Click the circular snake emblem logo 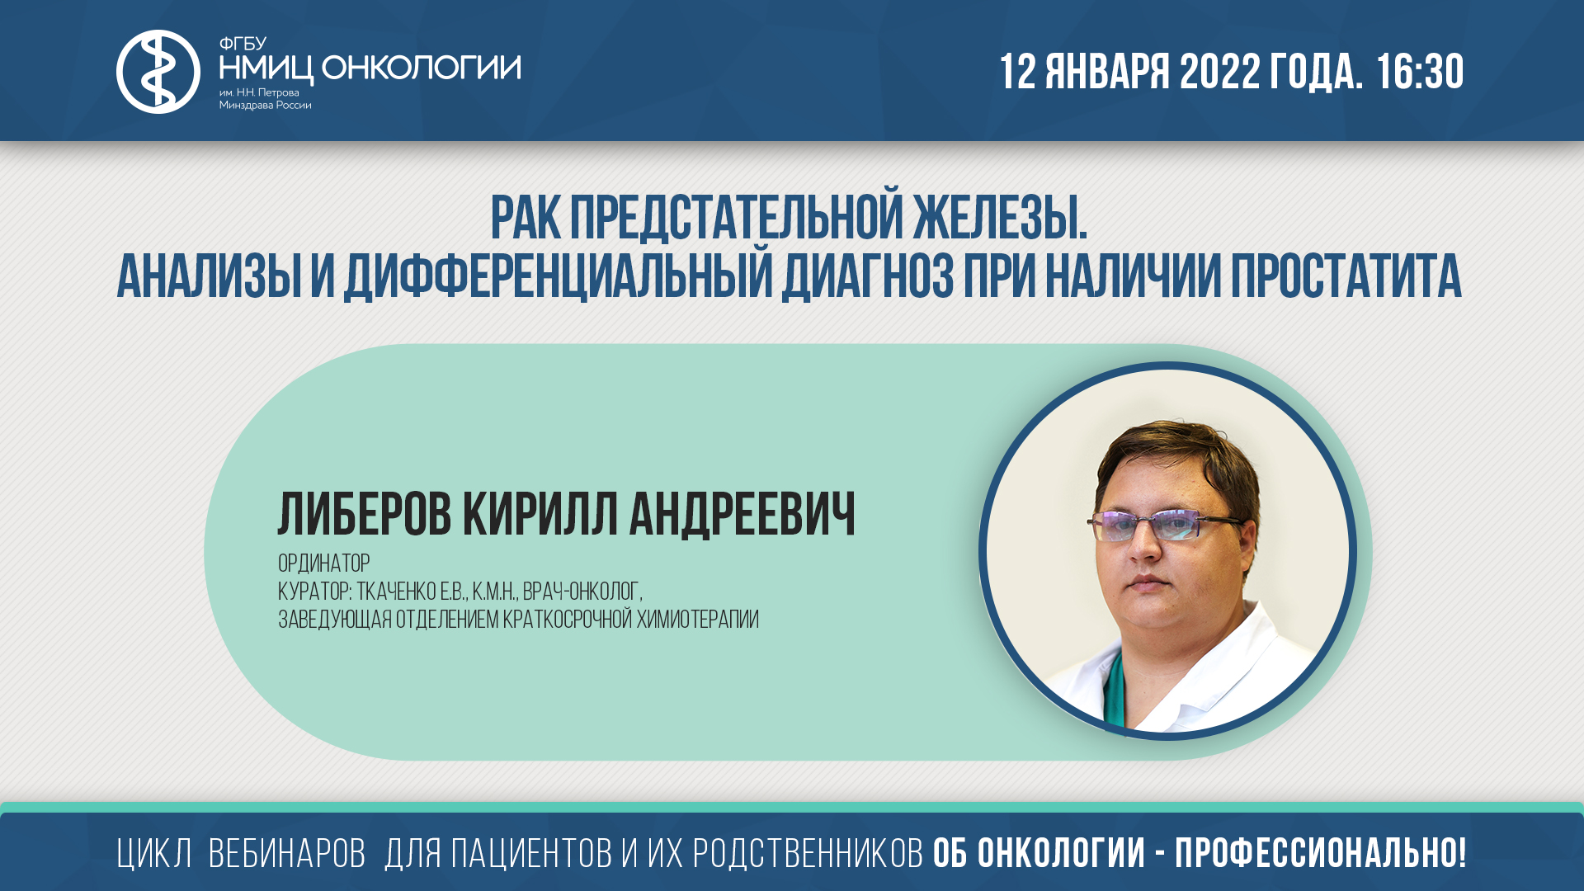(158, 72)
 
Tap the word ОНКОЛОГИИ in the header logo (421, 68)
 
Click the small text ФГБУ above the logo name (243, 44)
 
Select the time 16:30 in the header (1420, 72)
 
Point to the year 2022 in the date (1219, 72)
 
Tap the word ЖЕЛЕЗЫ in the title (1000, 219)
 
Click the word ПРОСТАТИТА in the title (1346, 276)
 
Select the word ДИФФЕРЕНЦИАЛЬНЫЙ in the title (557, 276)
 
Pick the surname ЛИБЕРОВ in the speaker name (365, 515)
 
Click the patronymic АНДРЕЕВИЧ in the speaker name (742, 515)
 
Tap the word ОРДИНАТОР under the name (323, 563)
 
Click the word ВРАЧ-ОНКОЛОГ (582, 592)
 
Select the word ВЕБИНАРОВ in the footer (286, 854)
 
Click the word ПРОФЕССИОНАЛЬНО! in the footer (1321, 854)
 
